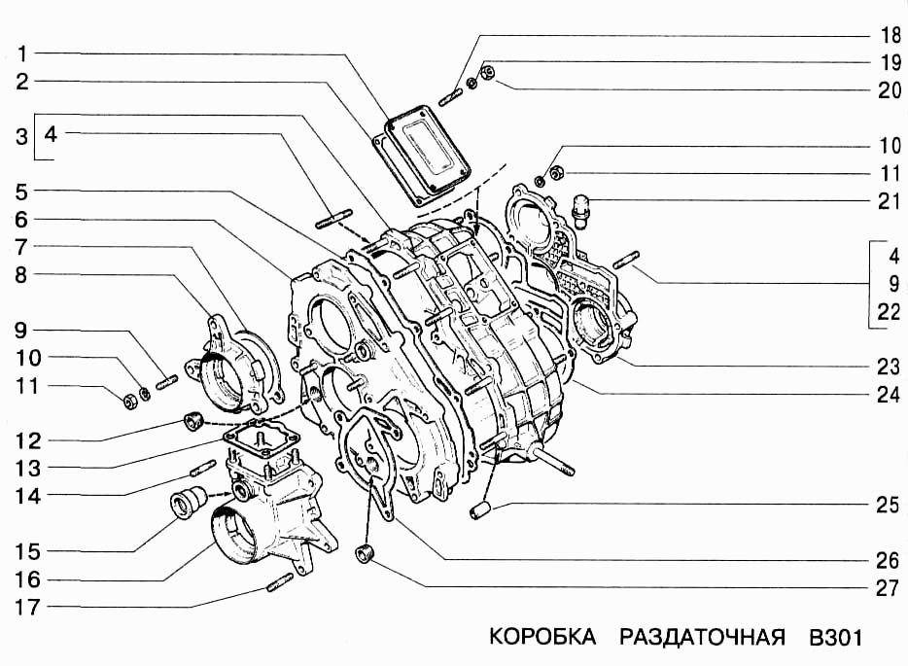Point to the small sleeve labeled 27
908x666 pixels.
coord(367,555)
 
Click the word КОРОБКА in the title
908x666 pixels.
coord(541,638)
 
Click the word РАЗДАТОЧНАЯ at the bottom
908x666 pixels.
coord(701,638)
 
